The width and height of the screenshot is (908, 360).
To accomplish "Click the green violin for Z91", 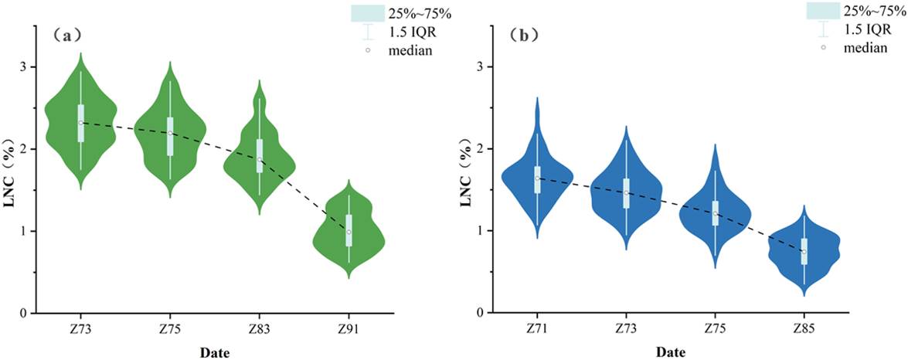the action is (x=349, y=232).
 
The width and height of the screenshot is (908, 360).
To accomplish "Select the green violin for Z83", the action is (x=260, y=151).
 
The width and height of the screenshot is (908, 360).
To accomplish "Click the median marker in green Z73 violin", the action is (x=80, y=123).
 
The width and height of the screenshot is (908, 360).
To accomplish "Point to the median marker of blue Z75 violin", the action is (x=715, y=213).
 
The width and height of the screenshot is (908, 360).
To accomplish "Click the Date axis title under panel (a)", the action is (x=215, y=352).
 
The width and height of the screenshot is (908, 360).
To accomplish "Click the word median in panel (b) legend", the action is (x=866, y=49).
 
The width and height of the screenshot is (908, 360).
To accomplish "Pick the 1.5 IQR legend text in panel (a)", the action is (x=413, y=32).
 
